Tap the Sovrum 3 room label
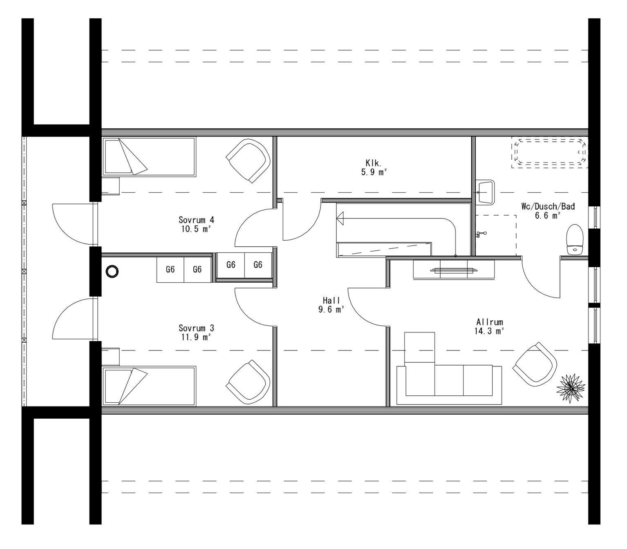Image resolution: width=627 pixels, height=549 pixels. [196, 328]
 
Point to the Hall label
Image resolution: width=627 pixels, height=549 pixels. [331, 301]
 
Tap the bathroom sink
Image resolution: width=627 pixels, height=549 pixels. [486, 192]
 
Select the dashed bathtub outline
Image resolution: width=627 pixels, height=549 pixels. [550, 153]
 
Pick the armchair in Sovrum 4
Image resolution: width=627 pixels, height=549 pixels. [249, 161]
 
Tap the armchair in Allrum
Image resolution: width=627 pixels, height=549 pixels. [535, 364]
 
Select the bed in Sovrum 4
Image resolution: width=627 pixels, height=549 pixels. [149, 156]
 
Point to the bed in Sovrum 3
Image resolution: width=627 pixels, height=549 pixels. [149, 386]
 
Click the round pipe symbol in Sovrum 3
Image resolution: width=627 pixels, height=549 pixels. [111, 271]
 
